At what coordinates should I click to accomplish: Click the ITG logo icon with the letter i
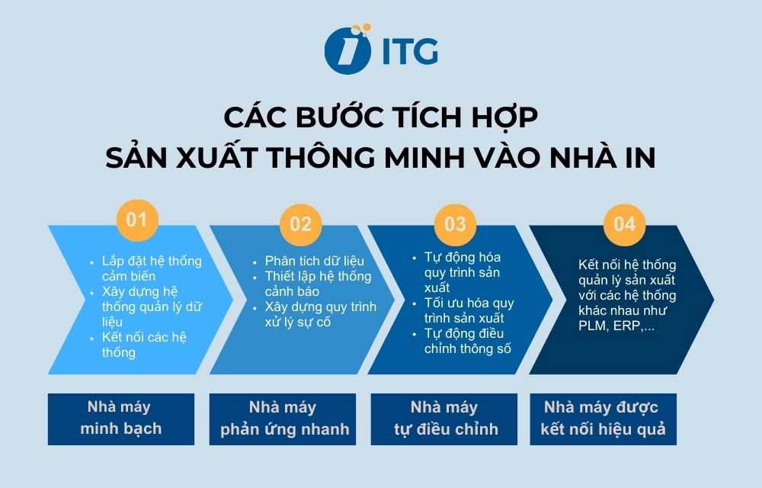[x=347, y=50]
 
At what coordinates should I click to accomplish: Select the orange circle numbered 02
[x=301, y=223]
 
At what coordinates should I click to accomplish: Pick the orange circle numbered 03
[x=455, y=223]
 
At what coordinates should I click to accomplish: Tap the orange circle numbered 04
[x=624, y=223]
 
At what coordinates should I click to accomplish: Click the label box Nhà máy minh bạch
[x=121, y=418]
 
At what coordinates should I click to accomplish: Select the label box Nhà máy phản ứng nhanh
[x=285, y=418]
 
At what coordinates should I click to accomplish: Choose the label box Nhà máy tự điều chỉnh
[x=446, y=418]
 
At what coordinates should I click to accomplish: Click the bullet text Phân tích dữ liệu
[x=315, y=261]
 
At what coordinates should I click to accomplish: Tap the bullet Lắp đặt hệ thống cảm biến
[x=151, y=268]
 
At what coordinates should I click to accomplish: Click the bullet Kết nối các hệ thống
[x=143, y=345]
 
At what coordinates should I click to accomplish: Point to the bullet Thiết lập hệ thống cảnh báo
[x=318, y=283]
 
